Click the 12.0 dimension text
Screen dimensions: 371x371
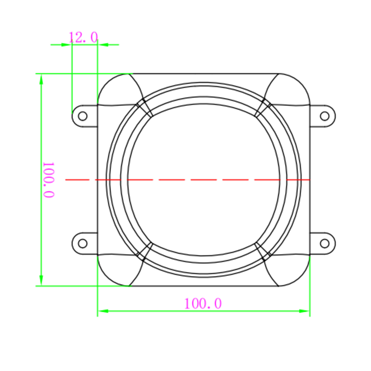83,37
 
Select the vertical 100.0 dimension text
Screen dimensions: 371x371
49,180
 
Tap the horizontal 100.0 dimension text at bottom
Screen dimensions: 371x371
203,303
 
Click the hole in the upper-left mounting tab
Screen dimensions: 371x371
83,116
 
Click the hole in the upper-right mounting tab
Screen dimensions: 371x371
325,116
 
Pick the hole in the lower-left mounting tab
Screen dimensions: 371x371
83,243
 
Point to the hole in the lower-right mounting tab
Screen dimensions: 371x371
325,243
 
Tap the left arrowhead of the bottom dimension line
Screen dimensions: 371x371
103,311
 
